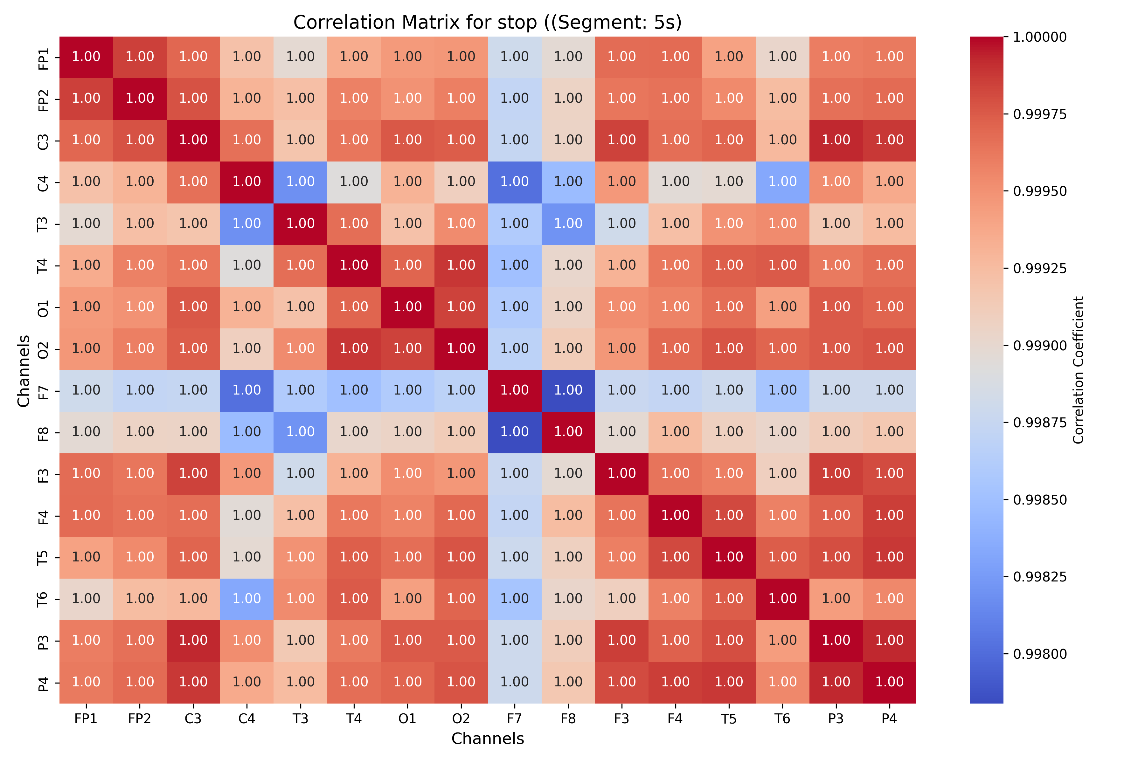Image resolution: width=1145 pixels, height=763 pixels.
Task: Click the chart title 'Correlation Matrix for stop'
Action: [x=487, y=22]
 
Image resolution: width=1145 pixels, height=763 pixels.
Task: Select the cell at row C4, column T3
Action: [x=300, y=182]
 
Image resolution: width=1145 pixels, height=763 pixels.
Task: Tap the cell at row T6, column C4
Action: [x=247, y=599]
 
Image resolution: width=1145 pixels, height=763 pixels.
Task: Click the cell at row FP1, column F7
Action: [x=515, y=57]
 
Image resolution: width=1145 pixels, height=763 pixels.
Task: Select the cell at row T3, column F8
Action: [x=568, y=224]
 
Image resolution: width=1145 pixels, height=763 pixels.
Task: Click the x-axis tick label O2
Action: [x=461, y=719]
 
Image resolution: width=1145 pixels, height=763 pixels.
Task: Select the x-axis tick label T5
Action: [x=729, y=719]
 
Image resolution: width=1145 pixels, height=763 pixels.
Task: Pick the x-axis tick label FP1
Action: [x=86, y=719]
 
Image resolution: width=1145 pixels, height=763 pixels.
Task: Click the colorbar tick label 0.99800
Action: [x=1040, y=654]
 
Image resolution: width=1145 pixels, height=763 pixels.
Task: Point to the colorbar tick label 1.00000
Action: [x=1040, y=37]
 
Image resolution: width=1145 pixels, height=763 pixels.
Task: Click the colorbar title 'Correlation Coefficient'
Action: [x=1078, y=370]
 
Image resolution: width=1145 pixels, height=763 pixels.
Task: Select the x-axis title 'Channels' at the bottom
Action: [x=487, y=739]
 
